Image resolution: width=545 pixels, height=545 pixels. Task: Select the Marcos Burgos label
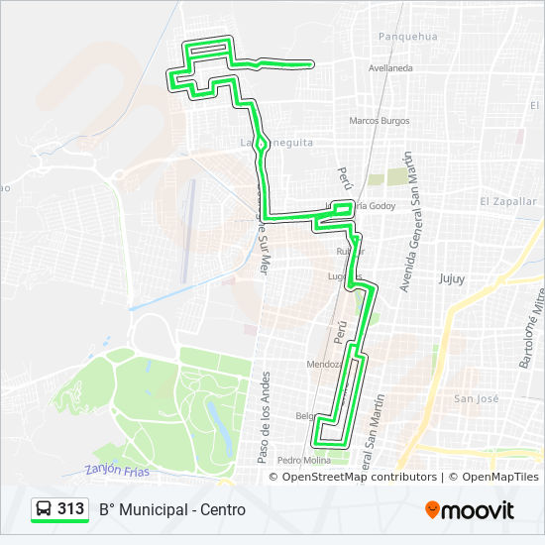[x=379, y=121]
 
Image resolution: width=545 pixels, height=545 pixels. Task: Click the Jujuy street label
[x=452, y=278]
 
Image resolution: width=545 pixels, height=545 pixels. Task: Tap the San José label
[x=476, y=398]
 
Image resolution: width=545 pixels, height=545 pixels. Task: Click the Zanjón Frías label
[x=117, y=472]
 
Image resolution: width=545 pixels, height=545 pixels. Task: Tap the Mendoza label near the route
[x=323, y=364]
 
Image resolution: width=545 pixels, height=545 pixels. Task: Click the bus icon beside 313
[x=44, y=509]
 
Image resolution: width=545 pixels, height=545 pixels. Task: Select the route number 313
[x=70, y=509]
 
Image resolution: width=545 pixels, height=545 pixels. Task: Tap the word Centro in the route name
[x=223, y=509]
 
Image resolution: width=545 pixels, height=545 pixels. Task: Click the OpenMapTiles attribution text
[x=499, y=477]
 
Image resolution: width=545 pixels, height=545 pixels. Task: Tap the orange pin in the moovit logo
[x=432, y=510]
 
